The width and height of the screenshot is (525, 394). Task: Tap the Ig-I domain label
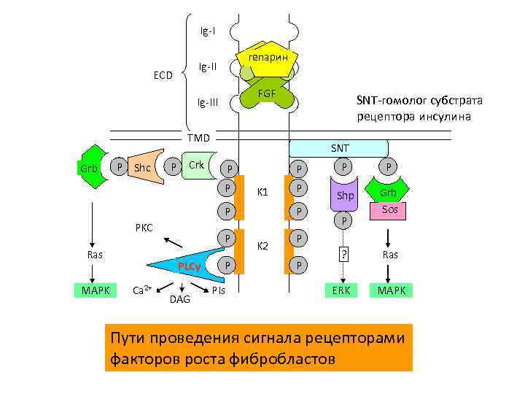[208, 31]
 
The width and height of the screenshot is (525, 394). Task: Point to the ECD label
[163, 75]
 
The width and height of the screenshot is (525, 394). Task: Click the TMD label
[198, 138]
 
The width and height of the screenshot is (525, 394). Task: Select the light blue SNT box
[340, 148]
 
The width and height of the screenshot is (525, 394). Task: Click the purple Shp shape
[345, 195]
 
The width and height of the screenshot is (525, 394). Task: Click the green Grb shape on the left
[90, 169]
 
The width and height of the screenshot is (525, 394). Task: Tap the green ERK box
[341, 290]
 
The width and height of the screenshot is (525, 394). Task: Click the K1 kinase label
[264, 193]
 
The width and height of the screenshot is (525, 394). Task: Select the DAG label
[179, 299]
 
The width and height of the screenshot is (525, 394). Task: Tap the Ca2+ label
[141, 290]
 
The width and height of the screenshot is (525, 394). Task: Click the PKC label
[144, 228]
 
